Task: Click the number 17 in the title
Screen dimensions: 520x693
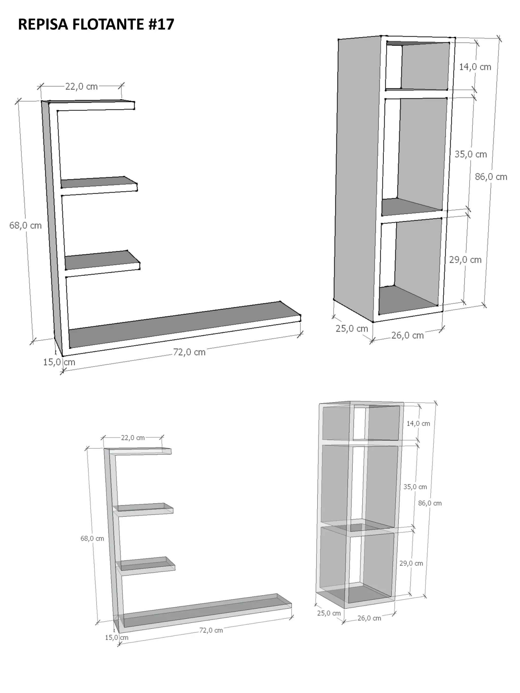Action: point(165,24)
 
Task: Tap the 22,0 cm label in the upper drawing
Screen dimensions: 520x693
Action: point(82,87)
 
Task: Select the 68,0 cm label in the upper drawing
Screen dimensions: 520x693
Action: point(25,225)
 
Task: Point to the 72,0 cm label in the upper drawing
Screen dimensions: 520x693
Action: point(189,352)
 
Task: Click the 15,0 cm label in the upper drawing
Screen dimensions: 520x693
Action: point(59,362)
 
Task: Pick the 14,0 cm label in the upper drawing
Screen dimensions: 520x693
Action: point(475,67)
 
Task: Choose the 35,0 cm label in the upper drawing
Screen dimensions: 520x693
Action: point(471,154)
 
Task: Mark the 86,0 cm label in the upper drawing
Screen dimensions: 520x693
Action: point(491,177)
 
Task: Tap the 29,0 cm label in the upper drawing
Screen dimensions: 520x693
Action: point(465,260)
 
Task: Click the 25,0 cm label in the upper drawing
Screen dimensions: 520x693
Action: point(352,329)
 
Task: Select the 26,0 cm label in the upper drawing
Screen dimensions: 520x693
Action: point(408,335)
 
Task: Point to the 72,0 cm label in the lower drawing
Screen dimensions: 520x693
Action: point(211,630)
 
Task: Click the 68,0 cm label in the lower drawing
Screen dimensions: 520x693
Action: point(92,538)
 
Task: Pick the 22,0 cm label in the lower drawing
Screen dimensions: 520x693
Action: point(133,438)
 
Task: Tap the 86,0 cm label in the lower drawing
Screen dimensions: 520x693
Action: point(430,503)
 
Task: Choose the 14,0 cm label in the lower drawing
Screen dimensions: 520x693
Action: point(418,424)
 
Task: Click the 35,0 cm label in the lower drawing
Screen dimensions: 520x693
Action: point(415,487)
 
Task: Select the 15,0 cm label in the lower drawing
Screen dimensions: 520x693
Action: point(117,637)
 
